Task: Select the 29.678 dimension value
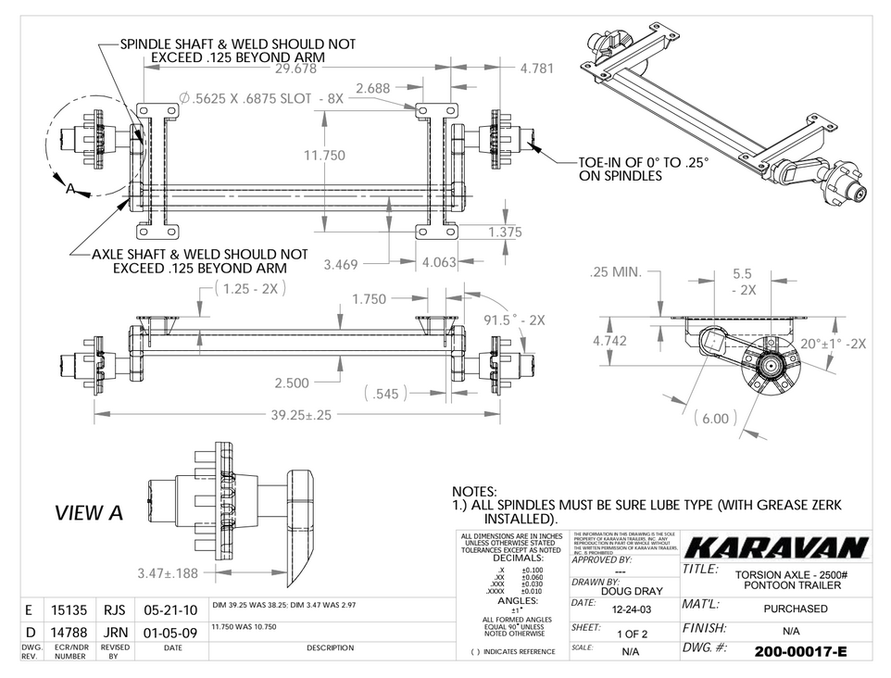coord(302,69)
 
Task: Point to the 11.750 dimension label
coord(324,156)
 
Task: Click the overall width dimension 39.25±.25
coord(300,416)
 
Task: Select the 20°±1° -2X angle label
coord(834,344)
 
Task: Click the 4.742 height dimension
coord(609,341)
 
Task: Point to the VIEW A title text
coord(89,513)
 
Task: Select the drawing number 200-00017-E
coord(800,651)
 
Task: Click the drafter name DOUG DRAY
coord(631,591)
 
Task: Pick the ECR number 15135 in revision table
coord(69,610)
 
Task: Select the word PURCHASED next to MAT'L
coord(796,609)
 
